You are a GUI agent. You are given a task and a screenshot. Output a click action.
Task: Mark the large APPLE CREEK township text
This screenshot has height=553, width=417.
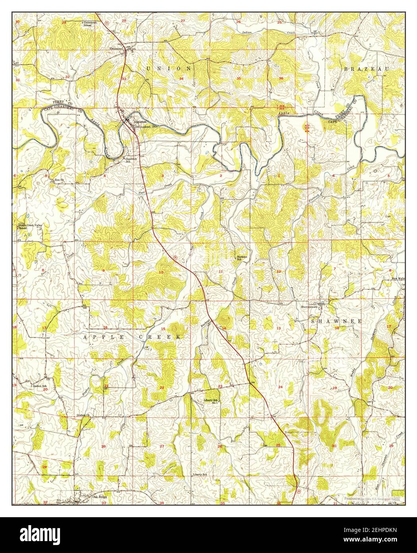[x=132, y=337]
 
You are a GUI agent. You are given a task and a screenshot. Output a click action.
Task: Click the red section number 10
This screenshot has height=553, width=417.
[x=161, y=273]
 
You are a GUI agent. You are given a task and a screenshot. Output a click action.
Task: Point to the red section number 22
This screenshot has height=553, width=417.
[x=162, y=387]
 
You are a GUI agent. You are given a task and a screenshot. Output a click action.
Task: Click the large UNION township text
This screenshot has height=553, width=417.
[x=169, y=68]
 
